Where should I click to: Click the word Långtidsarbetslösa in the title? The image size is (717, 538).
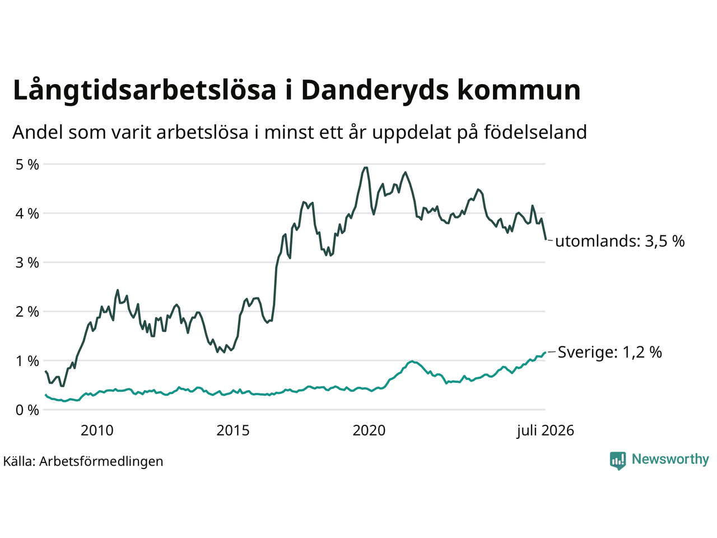pos(145,90)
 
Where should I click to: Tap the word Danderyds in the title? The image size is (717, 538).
pos(375,90)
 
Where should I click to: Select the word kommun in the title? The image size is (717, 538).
pos(518,90)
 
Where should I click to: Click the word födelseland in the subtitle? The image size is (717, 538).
pos(535,132)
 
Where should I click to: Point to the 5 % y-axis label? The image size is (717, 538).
pos(27,165)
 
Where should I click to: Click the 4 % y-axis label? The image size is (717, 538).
pos(27,214)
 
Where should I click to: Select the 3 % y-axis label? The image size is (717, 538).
pos(27,263)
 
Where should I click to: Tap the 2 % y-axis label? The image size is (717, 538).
pos(27,312)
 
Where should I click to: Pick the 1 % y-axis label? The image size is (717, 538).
pos(27,361)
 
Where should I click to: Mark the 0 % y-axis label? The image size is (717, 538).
pos(27,410)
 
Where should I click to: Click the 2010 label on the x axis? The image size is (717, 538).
pos(97,430)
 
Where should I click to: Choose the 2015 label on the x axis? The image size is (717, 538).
pos(233,430)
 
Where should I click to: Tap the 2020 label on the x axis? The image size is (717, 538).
pos(369,430)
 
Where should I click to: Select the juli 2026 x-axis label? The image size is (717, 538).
pos(545,430)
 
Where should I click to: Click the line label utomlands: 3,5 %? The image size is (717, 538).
pos(620,242)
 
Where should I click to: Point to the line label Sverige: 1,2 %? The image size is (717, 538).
pos(610,352)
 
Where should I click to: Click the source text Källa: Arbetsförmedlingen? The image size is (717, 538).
pos(83,461)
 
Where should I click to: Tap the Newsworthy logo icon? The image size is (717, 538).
pos(618,461)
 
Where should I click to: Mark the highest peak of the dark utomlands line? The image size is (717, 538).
pos(366,168)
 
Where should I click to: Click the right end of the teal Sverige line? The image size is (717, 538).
pos(545,352)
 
